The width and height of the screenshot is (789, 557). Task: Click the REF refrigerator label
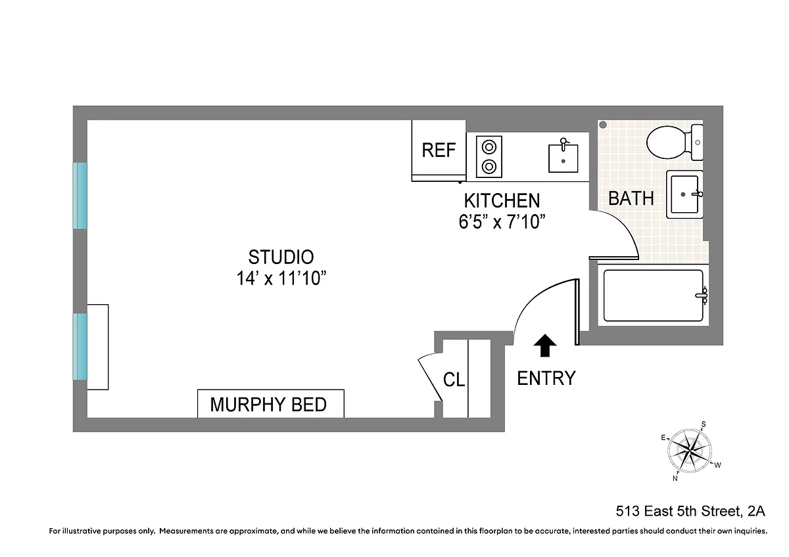[x=439, y=150]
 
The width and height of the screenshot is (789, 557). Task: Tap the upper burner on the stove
[x=489, y=147]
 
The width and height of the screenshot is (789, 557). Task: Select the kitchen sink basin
[x=563, y=158]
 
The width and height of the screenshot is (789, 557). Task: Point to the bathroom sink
[x=684, y=194]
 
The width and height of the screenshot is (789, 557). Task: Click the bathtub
[x=654, y=296]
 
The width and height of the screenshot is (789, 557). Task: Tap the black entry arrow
[x=545, y=345]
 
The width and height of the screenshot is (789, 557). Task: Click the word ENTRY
[x=546, y=378]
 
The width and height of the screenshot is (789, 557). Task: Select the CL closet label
[x=454, y=380]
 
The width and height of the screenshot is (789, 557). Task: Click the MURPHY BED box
[x=271, y=403]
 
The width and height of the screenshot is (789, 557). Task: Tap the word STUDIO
[x=281, y=257]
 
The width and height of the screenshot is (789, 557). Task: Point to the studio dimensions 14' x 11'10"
[x=281, y=278]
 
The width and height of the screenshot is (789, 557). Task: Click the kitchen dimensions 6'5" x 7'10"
[x=502, y=221]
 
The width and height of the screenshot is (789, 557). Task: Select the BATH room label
[x=631, y=198]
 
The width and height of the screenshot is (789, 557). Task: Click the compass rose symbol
[x=690, y=451]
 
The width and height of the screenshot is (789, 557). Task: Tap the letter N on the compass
[x=675, y=479]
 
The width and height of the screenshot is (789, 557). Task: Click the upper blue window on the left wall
[x=80, y=196]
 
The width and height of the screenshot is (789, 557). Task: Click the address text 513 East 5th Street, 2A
[x=690, y=511]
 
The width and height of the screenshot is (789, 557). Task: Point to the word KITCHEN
[x=502, y=200]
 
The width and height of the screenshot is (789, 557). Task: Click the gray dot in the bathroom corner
[x=603, y=125]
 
